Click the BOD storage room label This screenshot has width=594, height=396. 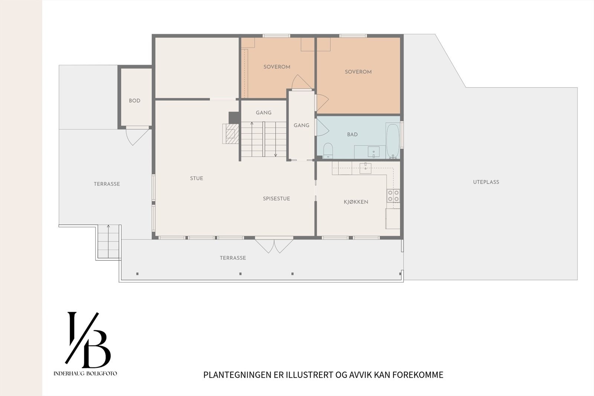coord(134,101)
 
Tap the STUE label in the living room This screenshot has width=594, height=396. coord(196,178)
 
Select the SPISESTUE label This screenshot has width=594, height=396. coord(276,198)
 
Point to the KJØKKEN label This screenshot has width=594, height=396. coord(356,202)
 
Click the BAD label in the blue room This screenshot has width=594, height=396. coord(352,134)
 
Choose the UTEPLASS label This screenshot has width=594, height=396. coord(486,182)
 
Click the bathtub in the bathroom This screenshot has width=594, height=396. coord(393,141)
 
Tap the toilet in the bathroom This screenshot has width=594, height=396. coord(328,151)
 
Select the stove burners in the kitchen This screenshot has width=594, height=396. coord(393,196)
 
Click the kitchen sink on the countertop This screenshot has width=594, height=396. coord(365,168)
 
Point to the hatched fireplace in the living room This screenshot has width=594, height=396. coord(231,134)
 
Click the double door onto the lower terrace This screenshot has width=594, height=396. coord(274,246)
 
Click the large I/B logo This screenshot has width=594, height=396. coord(88,340)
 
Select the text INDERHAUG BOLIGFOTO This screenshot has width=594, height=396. coord(85,373)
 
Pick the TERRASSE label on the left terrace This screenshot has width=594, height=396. coord(107,184)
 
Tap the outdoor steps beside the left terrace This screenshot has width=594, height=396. coord(108,241)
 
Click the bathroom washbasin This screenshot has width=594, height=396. coord(373,152)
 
